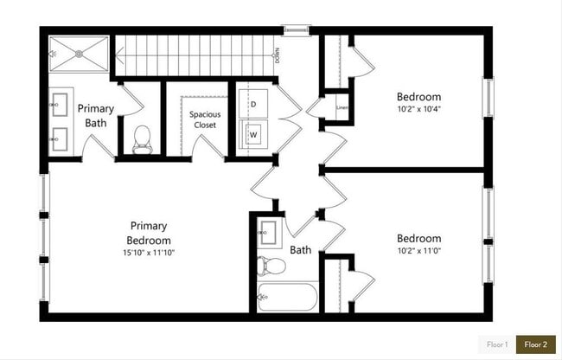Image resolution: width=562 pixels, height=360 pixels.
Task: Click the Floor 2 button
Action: (x=536, y=344)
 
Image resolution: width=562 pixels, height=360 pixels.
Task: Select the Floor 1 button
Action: (x=497, y=344)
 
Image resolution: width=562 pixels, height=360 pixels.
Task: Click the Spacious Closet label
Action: (x=205, y=119)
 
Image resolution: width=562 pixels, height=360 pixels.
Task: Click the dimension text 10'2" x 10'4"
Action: (x=418, y=110)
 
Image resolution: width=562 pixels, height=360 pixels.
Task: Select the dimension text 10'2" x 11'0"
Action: (x=418, y=252)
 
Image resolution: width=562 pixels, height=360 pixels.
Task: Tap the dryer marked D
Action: (x=253, y=104)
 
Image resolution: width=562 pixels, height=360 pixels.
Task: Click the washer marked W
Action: (x=253, y=135)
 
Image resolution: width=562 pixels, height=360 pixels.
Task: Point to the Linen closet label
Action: (x=341, y=108)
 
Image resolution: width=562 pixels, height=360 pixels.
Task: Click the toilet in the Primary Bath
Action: (x=144, y=139)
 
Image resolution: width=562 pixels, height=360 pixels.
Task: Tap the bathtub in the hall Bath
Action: (x=288, y=296)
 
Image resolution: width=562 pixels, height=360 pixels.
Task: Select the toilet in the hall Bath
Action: (x=270, y=264)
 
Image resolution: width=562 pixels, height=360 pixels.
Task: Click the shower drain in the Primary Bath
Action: (x=79, y=52)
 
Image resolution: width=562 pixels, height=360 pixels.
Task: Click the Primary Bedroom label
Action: (x=148, y=232)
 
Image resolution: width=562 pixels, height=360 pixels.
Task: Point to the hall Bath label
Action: (x=301, y=251)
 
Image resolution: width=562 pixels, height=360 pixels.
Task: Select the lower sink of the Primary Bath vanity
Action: (x=61, y=137)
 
